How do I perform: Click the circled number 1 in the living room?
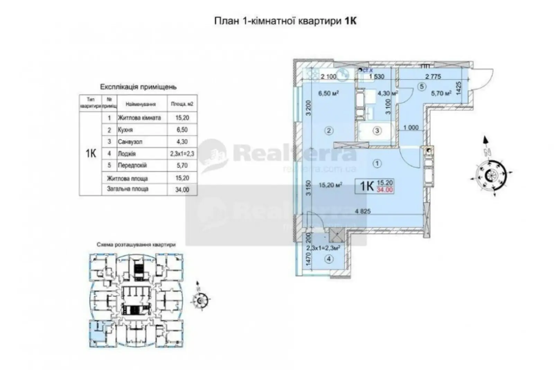377,164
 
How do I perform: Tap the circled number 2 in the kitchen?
329,131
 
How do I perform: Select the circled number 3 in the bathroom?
377,131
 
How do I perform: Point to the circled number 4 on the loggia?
329,259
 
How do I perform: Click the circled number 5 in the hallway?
421,87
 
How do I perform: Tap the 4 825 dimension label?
363,211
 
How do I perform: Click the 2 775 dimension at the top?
433,77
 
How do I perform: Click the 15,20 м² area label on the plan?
330,185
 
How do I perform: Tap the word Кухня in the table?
125,130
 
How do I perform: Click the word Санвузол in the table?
130,142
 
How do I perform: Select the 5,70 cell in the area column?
182,165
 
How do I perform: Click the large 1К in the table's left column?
91,153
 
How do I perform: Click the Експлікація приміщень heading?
138,87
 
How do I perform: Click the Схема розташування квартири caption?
136,245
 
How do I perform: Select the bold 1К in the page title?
350,21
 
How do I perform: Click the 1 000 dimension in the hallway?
411,127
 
